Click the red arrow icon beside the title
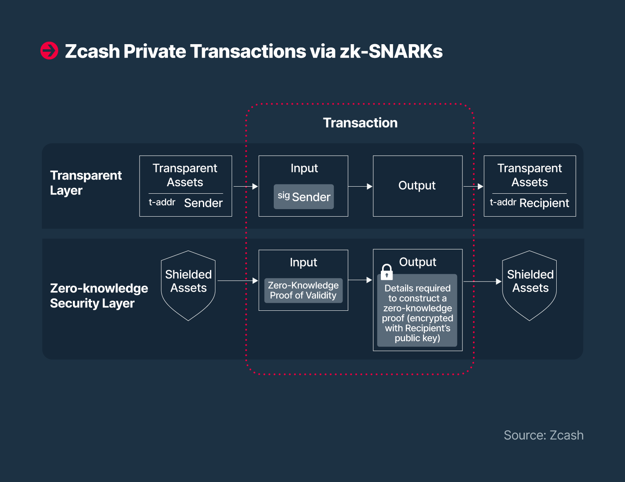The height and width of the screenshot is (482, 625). pos(49,51)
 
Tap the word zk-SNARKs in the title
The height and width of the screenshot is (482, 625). pos(391,51)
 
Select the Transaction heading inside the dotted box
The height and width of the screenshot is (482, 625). pos(360,123)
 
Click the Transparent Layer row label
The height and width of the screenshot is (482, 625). pos(86,183)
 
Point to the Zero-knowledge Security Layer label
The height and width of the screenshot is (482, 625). pos(99,296)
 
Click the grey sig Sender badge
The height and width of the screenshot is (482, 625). pos(304,197)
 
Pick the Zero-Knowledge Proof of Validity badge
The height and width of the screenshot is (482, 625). pos(303,290)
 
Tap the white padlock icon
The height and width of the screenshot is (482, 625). pos(387,272)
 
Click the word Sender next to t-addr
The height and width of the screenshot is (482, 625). pos(203,203)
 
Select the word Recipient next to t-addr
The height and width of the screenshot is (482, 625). pos(544,203)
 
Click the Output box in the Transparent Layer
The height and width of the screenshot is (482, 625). pos(417,186)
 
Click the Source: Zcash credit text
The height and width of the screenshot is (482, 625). pos(544,435)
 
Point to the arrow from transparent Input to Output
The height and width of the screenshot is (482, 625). pos(360,186)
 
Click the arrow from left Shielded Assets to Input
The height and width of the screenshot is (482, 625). pos(238,280)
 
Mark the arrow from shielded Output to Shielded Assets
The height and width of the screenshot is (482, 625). pos(482,281)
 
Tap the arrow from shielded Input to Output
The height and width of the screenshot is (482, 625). pos(360,280)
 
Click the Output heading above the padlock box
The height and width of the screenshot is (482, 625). pos(417,262)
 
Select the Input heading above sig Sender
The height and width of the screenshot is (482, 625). pos(304,168)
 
